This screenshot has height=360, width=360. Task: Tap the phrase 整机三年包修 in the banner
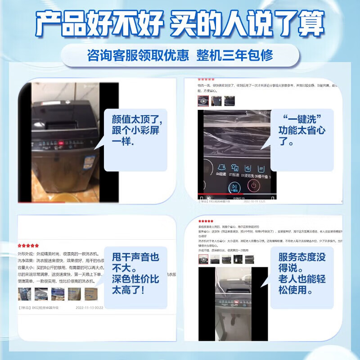[234, 55]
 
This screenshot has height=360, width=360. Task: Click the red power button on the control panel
[253, 185]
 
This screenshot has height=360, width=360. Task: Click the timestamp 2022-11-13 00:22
[89, 308]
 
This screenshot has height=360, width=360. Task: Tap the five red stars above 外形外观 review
[28, 246]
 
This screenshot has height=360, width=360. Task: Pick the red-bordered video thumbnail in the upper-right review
[203, 102]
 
